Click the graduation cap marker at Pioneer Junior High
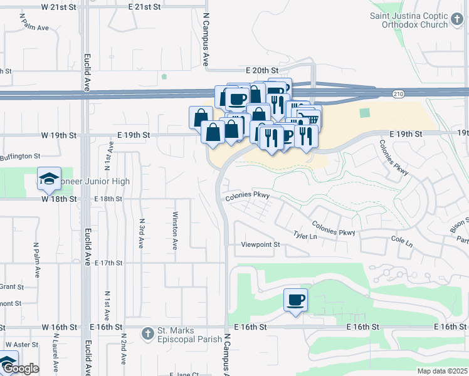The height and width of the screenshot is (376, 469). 49,179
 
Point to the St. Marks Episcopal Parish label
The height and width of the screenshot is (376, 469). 189,335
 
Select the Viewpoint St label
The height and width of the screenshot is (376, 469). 260,244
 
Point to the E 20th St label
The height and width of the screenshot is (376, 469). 261,71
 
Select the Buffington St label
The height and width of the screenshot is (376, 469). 19,156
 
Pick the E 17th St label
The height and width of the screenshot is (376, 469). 108,263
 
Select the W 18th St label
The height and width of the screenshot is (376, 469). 59,199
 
